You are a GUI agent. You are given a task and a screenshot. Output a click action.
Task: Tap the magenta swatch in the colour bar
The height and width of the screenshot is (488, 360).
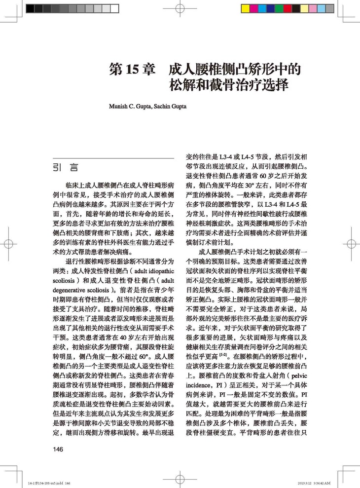tap(254, 8)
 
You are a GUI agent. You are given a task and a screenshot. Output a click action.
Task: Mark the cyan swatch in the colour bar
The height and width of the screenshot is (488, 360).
tap(262, 8)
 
